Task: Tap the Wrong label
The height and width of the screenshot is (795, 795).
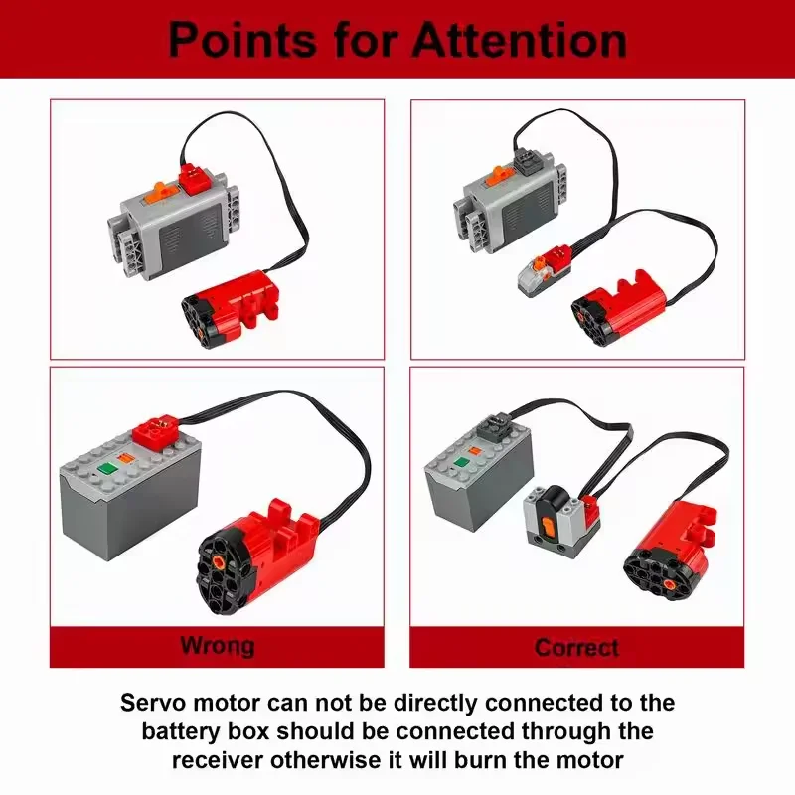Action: pos(217,646)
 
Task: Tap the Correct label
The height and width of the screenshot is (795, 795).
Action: pos(576,648)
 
